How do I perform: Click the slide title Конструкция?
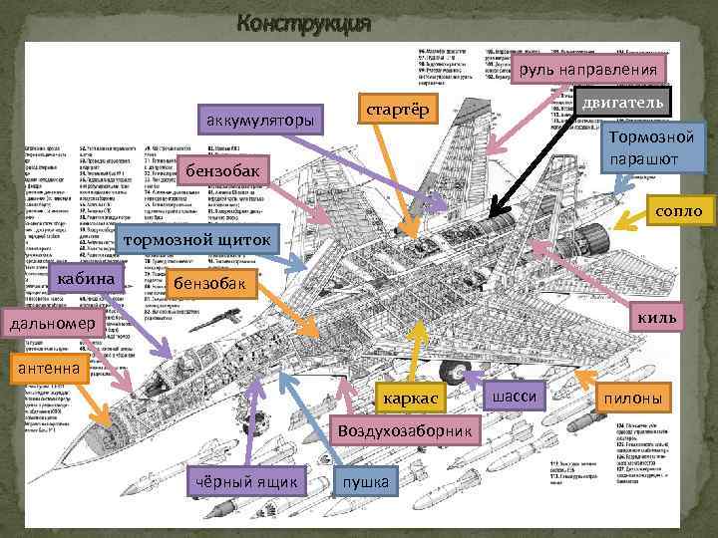[x=304, y=24]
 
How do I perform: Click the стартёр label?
[x=396, y=108]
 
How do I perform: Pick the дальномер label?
[x=50, y=324]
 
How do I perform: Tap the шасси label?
[x=515, y=397]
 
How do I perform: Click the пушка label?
[x=366, y=483]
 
